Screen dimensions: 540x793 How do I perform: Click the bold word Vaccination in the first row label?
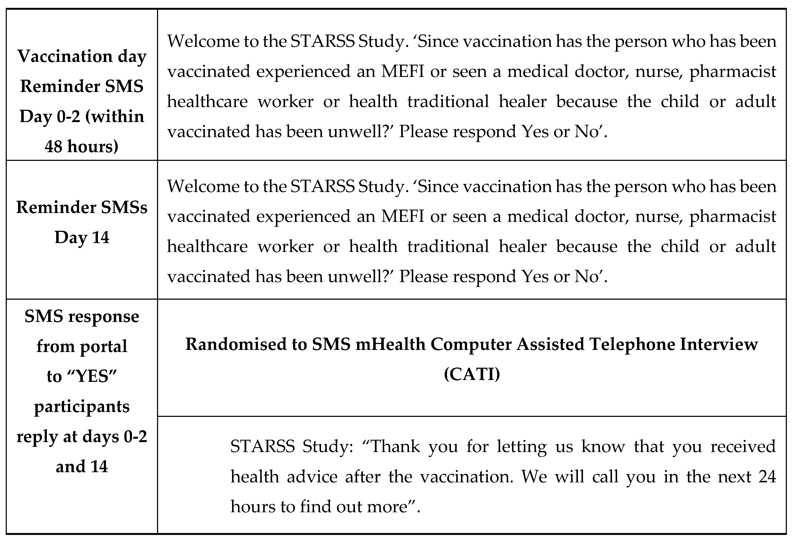click(x=65, y=56)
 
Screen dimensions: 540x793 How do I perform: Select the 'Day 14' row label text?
click(x=82, y=237)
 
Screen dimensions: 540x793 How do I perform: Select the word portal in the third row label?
click(x=103, y=347)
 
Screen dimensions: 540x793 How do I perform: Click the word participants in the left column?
click(x=82, y=406)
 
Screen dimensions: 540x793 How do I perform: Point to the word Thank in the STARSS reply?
click(x=395, y=447)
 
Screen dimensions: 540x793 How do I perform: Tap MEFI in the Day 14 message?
click(x=403, y=216)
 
